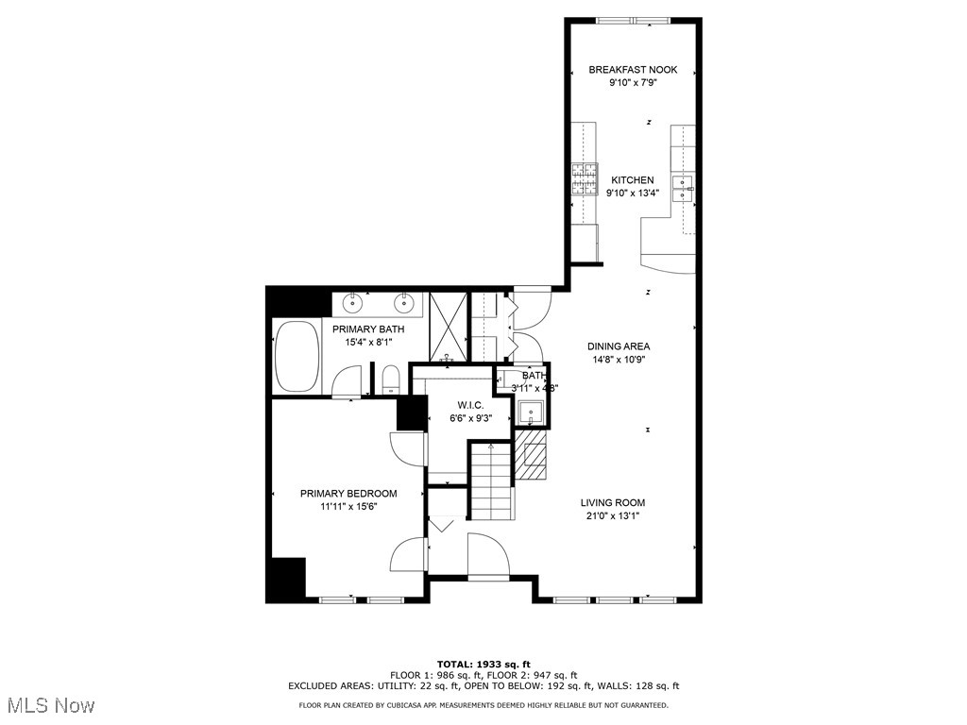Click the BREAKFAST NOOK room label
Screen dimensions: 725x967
633,70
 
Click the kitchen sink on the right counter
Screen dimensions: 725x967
683,186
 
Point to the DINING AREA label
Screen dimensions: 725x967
619,346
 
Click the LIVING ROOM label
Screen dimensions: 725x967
613,503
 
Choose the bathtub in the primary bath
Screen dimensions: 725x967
297,356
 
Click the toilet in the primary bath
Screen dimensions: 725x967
390,381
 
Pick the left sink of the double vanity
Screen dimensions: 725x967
354,303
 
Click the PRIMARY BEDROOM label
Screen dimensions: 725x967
348,494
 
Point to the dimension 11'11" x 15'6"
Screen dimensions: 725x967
348,507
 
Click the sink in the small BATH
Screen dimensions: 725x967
530,412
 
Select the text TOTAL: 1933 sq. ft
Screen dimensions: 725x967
483,664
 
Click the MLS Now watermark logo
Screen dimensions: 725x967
49,705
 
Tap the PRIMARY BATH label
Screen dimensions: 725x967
368,329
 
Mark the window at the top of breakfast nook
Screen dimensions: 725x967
633,20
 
